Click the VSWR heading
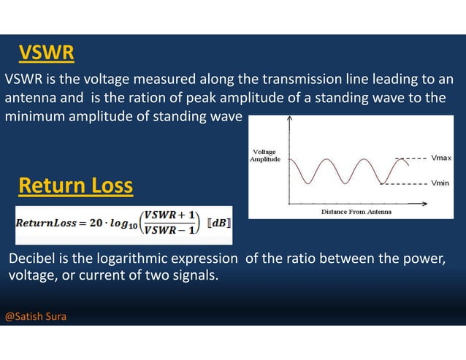[47, 53]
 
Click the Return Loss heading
[75, 187]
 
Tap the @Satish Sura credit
[36, 318]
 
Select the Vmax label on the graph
[440, 157]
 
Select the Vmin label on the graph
[439, 183]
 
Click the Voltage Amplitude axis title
[264, 156]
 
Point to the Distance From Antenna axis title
[356, 212]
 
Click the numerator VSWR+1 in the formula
[169, 215]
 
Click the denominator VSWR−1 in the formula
[169, 231]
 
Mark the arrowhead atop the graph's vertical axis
[290, 119]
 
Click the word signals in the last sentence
[196, 276]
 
